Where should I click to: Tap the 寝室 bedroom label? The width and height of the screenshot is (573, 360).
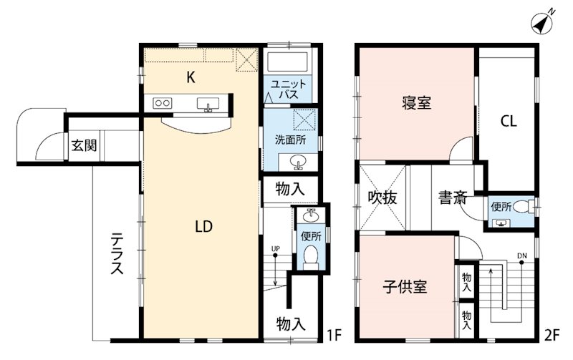[416, 103]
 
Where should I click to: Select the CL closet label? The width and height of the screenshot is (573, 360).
[508, 121]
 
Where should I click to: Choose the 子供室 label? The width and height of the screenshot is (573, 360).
[405, 288]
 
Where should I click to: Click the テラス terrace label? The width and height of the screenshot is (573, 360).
[116, 254]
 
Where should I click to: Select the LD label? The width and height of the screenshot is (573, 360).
[203, 227]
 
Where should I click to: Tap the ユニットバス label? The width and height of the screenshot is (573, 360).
[289, 89]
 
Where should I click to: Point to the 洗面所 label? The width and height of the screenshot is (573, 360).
[290, 140]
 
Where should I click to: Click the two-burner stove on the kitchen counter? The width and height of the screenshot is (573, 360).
[162, 103]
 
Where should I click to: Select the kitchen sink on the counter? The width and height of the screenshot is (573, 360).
[208, 104]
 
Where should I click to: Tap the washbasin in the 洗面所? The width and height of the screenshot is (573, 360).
[301, 161]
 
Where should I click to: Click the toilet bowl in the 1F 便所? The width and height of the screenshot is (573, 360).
[311, 256]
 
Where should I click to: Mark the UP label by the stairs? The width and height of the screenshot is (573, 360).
[275, 249]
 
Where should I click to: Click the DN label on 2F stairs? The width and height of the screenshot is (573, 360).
[521, 256]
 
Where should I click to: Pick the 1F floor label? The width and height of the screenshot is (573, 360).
[334, 334]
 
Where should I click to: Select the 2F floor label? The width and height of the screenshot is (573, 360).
[551, 334]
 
